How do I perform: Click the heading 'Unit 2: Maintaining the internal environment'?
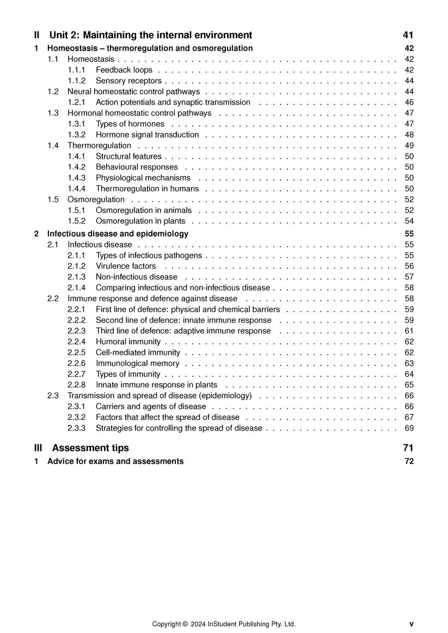click(x=151, y=35)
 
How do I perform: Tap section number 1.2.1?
click(x=77, y=102)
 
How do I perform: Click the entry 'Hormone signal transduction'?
click(x=148, y=135)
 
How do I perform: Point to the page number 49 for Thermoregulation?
click(x=409, y=146)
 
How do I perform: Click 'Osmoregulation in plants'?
click(x=140, y=221)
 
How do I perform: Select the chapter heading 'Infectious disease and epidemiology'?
click(x=118, y=234)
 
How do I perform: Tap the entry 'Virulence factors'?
click(x=126, y=266)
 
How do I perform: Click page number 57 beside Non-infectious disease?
click(x=409, y=277)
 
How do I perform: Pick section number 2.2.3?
click(x=77, y=331)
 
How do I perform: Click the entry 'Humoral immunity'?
click(x=128, y=342)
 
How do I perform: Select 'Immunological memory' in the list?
click(x=138, y=363)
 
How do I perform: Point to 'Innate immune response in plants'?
click(x=156, y=385)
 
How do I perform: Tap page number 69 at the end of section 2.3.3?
click(x=409, y=429)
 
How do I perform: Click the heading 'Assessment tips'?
click(x=90, y=448)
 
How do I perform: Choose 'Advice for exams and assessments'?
click(x=115, y=462)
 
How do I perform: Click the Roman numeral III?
click(x=38, y=448)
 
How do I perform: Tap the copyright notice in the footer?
click(x=224, y=624)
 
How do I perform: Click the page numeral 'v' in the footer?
click(x=412, y=624)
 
